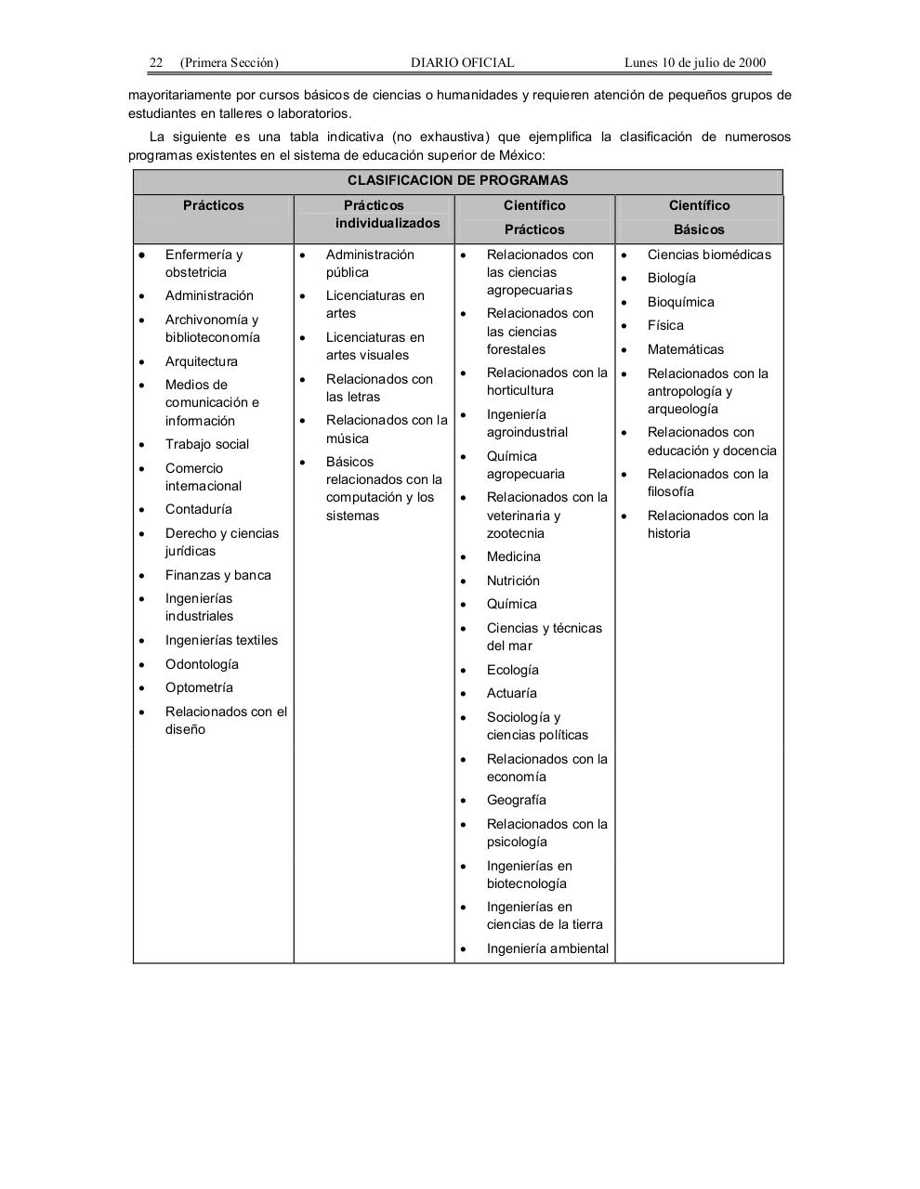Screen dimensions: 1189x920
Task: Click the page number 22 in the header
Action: (156, 63)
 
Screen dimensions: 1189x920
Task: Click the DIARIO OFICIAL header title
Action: (462, 63)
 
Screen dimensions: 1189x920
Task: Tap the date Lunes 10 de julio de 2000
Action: (695, 63)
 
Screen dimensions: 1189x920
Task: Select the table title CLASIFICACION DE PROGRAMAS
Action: (457, 180)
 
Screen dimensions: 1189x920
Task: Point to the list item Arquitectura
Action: (202, 361)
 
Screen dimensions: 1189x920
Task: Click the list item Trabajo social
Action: (207, 444)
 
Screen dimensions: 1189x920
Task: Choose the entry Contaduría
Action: (199, 509)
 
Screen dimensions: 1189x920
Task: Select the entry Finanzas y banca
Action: (218, 575)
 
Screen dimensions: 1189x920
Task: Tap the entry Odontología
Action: (202, 664)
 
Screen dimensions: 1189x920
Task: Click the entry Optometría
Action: (199, 687)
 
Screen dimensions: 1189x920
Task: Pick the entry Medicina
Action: (514, 556)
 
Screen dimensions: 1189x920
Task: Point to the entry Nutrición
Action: (513, 581)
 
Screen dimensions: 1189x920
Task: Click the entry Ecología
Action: (513, 670)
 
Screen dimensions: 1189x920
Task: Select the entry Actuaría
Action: (512, 693)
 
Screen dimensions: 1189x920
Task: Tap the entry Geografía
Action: (517, 800)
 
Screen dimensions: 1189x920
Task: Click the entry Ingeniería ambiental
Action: (547, 948)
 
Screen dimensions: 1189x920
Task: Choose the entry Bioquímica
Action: (681, 302)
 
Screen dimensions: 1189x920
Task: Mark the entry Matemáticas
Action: (686, 349)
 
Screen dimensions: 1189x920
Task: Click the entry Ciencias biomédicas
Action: (709, 255)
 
